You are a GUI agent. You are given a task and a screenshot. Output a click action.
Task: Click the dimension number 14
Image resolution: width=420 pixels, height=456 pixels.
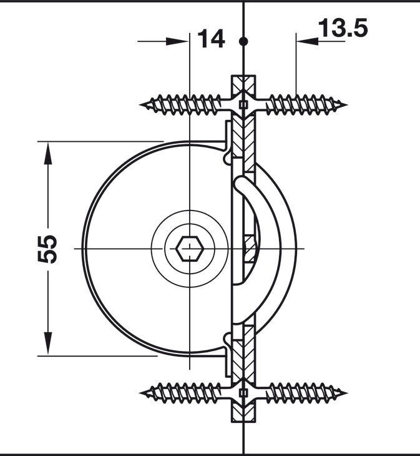click(211, 38)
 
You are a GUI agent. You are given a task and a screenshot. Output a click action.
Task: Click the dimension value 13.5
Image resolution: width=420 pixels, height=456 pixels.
click(343, 27)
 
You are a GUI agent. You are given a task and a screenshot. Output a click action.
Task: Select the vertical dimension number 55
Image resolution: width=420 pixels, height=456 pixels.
click(47, 249)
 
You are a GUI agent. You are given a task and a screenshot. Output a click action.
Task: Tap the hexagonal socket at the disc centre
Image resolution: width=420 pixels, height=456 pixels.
click(190, 249)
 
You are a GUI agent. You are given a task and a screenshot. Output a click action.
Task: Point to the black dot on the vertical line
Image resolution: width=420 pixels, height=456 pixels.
click(243, 41)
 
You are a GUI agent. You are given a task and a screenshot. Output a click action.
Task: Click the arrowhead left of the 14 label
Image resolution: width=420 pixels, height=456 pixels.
click(177, 41)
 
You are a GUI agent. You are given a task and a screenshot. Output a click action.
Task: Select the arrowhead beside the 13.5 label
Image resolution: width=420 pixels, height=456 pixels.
click(308, 41)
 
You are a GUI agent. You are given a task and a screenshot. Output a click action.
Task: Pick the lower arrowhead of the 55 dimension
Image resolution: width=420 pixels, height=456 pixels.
click(48, 344)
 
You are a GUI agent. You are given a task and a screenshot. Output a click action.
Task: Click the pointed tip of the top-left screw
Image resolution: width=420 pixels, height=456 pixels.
click(140, 104)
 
